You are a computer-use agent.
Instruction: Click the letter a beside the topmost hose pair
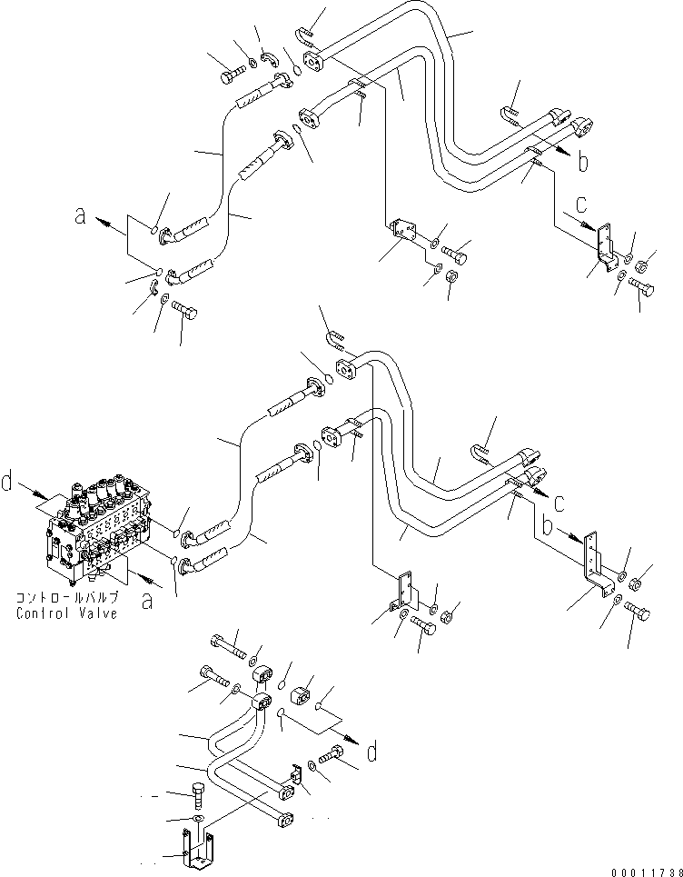(82, 216)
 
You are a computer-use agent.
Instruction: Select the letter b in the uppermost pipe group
(583, 162)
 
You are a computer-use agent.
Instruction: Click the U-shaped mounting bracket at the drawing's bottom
(198, 849)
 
